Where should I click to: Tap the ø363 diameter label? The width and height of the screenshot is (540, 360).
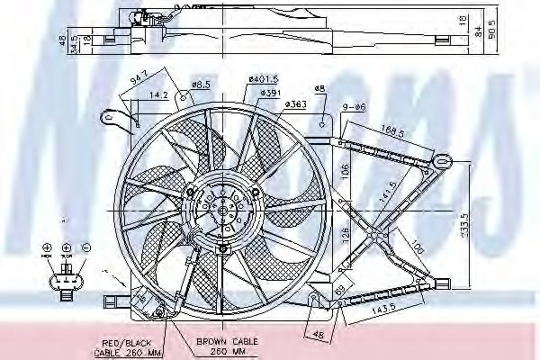coord(294,105)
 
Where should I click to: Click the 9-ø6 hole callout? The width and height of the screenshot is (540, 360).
coord(354,108)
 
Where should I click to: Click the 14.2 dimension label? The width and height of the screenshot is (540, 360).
coord(159,94)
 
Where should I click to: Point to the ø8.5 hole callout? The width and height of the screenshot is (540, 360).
coord(202,85)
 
